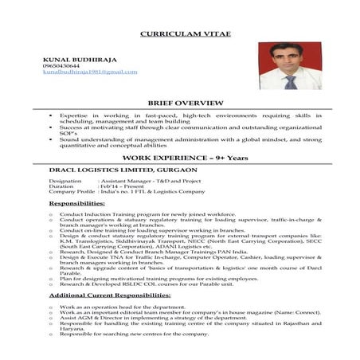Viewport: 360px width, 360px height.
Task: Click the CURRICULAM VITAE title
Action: (x=179, y=36)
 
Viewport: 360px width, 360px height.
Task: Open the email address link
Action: (x=89, y=72)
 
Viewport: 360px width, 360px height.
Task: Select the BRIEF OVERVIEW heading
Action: (x=180, y=104)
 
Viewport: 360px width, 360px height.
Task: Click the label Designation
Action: (x=65, y=181)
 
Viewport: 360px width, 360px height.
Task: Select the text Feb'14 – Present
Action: (x=118, y=186)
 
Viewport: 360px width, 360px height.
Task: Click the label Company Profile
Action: (x=72, y=192)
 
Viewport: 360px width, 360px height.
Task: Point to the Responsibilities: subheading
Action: (x=76, y=204)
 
